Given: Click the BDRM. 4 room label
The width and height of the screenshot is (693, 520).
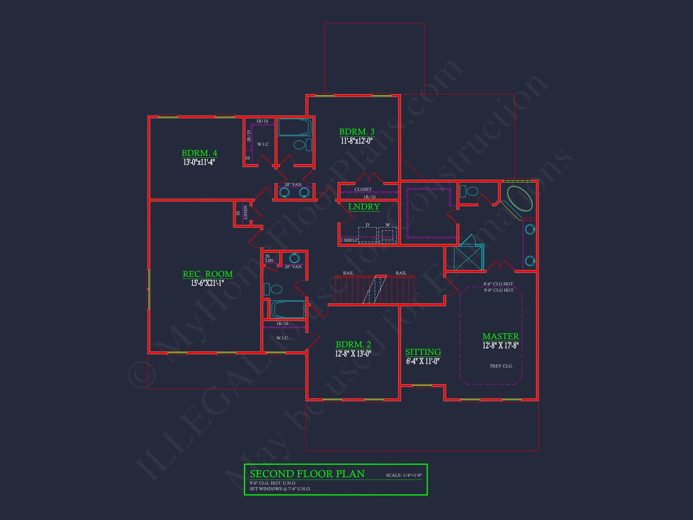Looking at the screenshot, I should tap(199, 153).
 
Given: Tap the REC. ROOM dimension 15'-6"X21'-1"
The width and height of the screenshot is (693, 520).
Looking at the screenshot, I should tap(208, 283).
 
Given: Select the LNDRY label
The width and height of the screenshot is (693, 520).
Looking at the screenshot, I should tap(364, 206).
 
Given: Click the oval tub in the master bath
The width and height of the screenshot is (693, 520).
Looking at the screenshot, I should tap(519, 199).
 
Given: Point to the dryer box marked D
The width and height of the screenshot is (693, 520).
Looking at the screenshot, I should tap(367, 234).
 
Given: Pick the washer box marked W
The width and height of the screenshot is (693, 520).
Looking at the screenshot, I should tap(387, 235).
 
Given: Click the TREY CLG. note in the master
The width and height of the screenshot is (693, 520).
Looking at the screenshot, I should tap(501, 366).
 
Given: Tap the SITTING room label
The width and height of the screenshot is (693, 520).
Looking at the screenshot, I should tap(423, 352).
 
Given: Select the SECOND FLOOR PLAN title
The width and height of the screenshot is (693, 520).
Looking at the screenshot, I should tap(307, 474).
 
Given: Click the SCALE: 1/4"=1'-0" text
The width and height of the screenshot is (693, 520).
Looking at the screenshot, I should tap(404, 475).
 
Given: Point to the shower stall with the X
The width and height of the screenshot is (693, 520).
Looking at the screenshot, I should tap(468, 258).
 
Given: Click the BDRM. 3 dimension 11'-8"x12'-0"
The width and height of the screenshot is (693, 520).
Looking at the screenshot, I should tap(356, 141).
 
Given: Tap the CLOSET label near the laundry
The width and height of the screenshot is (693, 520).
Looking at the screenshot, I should tap(363, 189).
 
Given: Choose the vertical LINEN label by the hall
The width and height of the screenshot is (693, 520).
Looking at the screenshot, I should tap(246, 212).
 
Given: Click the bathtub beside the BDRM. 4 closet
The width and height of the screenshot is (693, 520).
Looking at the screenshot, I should tap(294, 127).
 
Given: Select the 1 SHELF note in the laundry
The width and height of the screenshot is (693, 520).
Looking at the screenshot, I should tap(349, 240).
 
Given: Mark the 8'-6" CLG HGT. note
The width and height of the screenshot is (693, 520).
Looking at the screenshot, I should tap(498, 284).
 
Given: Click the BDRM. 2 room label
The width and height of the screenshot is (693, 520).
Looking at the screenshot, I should tap(353, 345).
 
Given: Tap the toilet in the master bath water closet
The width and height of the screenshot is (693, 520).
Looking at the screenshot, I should tap(469, 191).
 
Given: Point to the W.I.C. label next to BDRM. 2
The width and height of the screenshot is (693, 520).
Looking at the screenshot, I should tap(282, 338).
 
